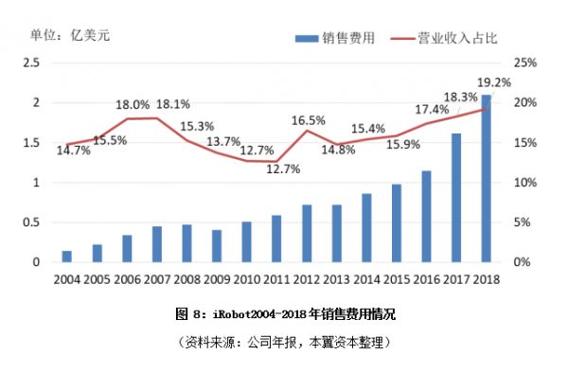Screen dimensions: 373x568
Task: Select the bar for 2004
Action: coord(66,256)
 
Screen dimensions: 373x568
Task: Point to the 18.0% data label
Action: coord(133,105)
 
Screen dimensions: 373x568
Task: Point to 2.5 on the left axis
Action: coord(30,62)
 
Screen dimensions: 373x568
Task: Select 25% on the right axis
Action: coord(525,62)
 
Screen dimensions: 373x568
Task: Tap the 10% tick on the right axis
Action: coord(525,182)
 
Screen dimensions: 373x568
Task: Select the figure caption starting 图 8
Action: coord(284,313)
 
